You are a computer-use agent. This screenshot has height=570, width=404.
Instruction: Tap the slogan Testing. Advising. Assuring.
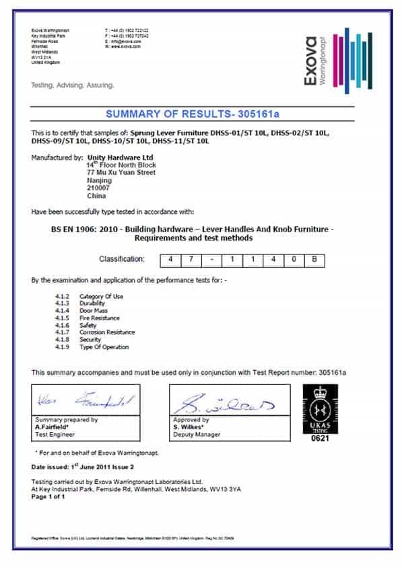(73, 85)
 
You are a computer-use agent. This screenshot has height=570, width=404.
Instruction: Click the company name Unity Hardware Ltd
(119, 157)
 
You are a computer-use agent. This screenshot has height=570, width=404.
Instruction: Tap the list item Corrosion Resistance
(106, 332)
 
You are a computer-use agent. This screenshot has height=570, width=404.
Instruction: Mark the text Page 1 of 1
(49, 497)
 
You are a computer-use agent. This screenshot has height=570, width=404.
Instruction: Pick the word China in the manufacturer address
(96, 197)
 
